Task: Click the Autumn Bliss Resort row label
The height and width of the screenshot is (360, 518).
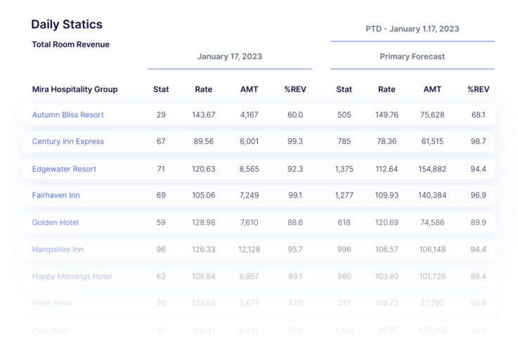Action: click(67, 115)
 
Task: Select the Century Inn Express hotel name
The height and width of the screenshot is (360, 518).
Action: click(67, 141)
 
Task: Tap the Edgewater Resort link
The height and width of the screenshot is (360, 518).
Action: click(64, 169)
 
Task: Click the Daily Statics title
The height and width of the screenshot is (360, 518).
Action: click(67, 25)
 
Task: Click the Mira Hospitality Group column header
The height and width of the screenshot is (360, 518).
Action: click(75, 89)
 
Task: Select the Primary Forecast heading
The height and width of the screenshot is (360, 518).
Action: click(412, 56)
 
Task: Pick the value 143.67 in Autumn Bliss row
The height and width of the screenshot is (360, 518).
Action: click(204, 115)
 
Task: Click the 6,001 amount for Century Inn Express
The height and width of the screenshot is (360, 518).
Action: click(249, 141)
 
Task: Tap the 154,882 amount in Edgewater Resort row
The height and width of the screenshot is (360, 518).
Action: click(432, 169)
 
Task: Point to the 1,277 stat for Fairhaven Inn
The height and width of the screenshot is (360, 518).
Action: click(344, 195)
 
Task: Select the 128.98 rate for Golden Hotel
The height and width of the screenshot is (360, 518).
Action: click(204, 222)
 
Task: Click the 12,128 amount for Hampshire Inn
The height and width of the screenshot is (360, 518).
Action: click(249, 250)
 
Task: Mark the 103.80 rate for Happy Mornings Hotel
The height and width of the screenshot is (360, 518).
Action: click(387, 276)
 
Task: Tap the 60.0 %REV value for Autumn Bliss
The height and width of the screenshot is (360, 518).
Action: click(294, 115)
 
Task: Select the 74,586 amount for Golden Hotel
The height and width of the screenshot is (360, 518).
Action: click(432, 222)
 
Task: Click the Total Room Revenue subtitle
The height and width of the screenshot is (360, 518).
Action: click(70, 44)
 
